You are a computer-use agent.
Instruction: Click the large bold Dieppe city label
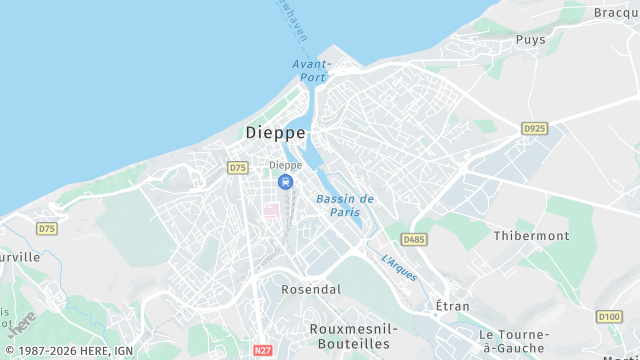(x=275, y=132)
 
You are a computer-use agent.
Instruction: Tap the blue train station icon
(x=286, y=182)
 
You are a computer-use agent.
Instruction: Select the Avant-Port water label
(x=311, y=70)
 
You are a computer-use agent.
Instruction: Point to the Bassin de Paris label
(x=345, y=205)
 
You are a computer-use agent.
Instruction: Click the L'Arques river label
(x=399, y=266)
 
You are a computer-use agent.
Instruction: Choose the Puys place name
(x=530, y=40)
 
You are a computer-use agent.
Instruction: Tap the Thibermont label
(x=531, y=236)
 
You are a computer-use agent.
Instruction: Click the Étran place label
(x=453, y=305)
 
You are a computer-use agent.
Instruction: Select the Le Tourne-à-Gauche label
(x=514, y=340)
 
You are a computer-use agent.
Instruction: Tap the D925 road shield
(x=534, y=129)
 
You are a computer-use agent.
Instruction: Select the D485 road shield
(x=413, y=240)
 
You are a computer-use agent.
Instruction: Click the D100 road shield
(x=608, y=317)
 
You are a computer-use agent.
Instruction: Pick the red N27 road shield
(x=263, y=351)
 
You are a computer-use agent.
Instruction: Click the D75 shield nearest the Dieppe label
(x=237, y=168)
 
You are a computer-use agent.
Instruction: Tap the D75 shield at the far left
(x=47, y=229)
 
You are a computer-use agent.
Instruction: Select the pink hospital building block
(x=272, y=210)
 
